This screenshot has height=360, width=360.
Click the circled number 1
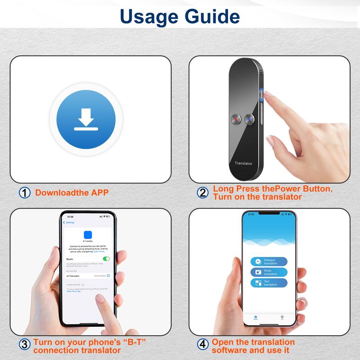[25, 193]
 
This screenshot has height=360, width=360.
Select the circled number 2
[203, 193]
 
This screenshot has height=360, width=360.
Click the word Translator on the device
[243, 163]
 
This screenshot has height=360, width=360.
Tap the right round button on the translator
[249, 119]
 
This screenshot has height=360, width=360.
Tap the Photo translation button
[269, 272]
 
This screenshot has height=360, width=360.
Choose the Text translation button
[269, 283]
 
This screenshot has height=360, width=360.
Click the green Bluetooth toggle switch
[106, 259]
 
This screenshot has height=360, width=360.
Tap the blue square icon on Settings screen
[88, 234]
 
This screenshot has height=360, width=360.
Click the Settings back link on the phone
[70, 222]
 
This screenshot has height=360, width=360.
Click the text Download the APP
[72, 193]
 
